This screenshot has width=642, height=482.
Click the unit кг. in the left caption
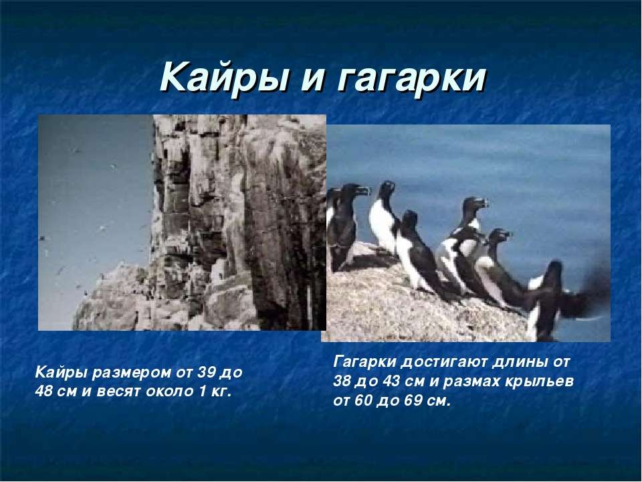tap(221, 392)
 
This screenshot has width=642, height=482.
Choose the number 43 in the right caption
tap(393, 381)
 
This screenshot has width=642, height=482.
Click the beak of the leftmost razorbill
tap(363, 190)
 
